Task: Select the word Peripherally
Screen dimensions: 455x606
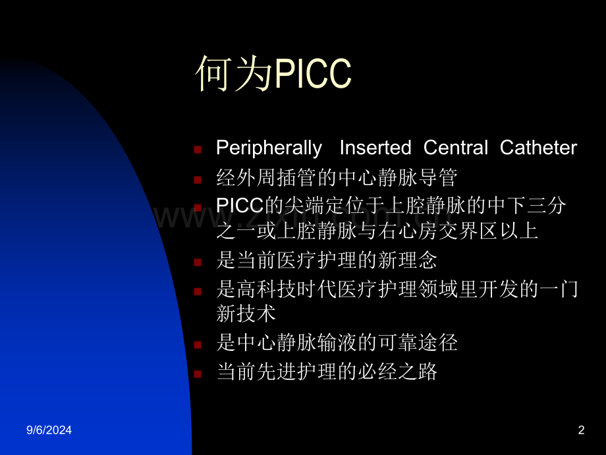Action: pos(269,148)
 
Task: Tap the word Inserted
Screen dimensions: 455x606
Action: pos(375,148)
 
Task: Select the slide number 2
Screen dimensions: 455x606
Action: pos(581,431)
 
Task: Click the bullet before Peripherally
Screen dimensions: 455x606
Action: pos(198,150)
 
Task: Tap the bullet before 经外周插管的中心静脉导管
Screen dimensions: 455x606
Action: pos(198,179)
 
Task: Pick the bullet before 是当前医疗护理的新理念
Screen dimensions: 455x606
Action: pos(198,262)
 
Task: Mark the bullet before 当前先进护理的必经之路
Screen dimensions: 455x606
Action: pos(198,374)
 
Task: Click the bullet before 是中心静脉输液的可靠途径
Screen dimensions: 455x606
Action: pos(198,344)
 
